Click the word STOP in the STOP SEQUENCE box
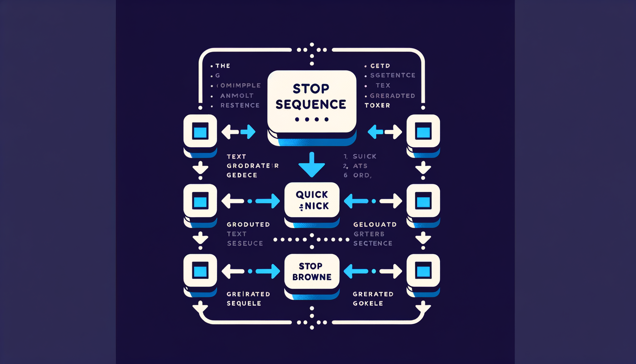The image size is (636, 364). pyautogui.click(x=311, y=89)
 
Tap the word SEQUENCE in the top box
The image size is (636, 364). pyautogui.click(x=311, y=105)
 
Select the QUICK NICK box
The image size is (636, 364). pyautogui.click(x=312, y=200)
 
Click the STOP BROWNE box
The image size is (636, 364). pyautogui.click(x=312, y=272)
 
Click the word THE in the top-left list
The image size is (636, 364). pyautogui.click(x=223, y=66)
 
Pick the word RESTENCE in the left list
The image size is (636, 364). pyautogui.click(x=240, y=105)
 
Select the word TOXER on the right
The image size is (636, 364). pyautogui.click(x=377, y=105)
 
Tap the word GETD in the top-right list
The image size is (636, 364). pyautogui.click(x=380, y=66)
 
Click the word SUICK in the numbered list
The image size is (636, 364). pyautogui.click(x=364, y=156)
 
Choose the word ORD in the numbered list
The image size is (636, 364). pyautogui.click(x=361, y=175)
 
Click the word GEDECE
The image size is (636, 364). pyautogui.click(x=242, y=175)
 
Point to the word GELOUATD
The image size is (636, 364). pyautogui.click(x=375, y=225)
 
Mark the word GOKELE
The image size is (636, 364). pyautogui.click(x=368, y=304)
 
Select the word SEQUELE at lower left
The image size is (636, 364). pyautogui.click(x=244, y=304)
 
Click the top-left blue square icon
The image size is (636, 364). pyautogui.click(x=200, y=132)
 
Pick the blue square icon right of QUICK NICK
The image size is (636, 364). pyautogui.click(x=423, y=202)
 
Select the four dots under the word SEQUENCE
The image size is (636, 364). pyautogui.click(x=312, y=119)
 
